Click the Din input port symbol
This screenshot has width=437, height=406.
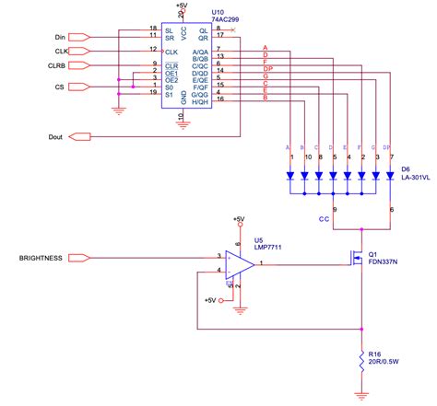pyautogui.click(x=79, y=36)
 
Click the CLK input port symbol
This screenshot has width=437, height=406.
pyautogui.click(x=79, y=51)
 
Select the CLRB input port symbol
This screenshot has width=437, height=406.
pyautogui.click(x=79, y=66)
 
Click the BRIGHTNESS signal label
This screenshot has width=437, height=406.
pyautogui.click(x=41, y=259)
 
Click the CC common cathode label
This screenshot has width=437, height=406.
pyautogui.click(x=324, y=220)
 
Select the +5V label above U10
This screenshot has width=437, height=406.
pyautogui.click(x=183, y=6)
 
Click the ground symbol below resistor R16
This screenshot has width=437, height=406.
pyautogui.click(x=362, y=397)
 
